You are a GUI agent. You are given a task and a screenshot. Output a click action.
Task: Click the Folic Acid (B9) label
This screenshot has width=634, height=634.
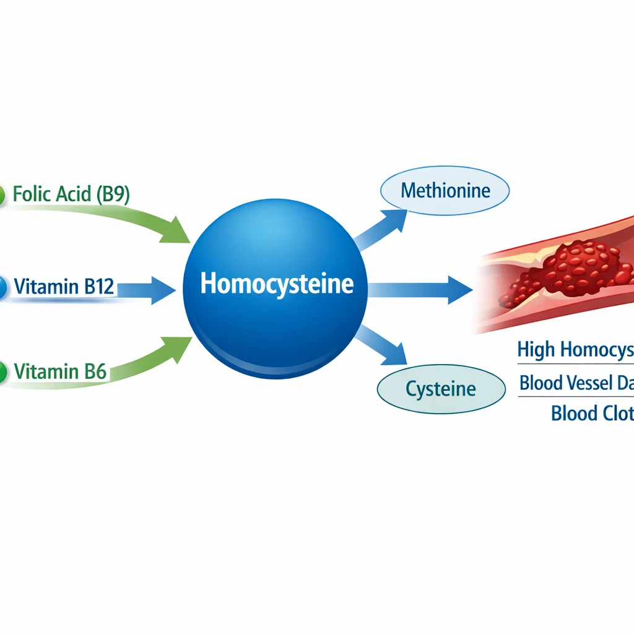(x=71, y=194)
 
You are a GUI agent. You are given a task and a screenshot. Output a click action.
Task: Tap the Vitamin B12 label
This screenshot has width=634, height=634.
(x=63, y=287)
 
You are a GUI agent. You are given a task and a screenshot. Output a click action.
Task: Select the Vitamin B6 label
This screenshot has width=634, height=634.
(x=60, y=371)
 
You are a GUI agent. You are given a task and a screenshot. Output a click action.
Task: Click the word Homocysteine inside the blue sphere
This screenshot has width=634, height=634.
(x=277, y=284)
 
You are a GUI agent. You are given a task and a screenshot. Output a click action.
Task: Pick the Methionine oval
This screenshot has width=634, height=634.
(x=445, y=190)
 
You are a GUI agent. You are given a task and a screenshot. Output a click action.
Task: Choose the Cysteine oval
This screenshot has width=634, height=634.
(x=441, y=389)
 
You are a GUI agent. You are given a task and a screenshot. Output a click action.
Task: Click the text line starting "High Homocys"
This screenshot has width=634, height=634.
(x=575, y=350)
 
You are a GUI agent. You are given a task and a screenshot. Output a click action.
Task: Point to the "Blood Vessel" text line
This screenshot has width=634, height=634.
(x=576, y=383)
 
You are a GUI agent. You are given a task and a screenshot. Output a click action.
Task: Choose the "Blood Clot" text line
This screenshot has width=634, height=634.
(x=592, y=413)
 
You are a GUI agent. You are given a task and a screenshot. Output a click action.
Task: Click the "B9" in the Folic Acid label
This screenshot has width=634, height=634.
(x=113, y=194)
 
